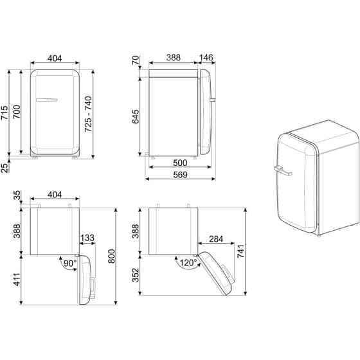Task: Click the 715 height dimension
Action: pyautogui.click(x=5, y=113)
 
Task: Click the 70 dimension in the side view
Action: pyautogui.click(x=136, y=62)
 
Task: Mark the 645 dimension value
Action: pyautogui.click(x=136, y=116)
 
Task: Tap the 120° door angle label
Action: pyautogui.click(x=187, y=262)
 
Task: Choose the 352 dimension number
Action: pyautogui.click(x=136, y=274)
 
